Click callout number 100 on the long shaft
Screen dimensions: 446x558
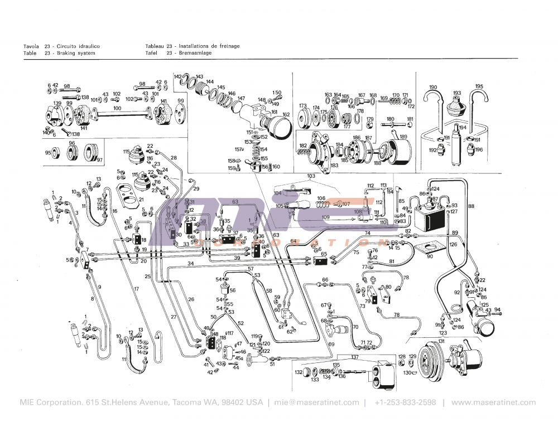click(x=117, y=108)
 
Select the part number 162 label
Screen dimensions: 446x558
click(x=286, y=115)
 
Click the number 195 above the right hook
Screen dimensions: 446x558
click(x=479, y=86)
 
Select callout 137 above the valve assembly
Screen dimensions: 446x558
click(x=355, y=357)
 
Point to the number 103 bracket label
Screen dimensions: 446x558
click(x=311, y=176)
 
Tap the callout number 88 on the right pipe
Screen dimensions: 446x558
click(x=471, y=206)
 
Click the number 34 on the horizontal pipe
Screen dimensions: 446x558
click(x=190, y=263)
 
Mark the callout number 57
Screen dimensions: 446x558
click(x=251, y=269)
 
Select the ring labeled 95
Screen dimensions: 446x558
click(x=48, y=152)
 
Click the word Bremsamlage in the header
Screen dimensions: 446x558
click(x=195, y=53)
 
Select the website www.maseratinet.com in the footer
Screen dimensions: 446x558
click(x=493, y=403)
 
